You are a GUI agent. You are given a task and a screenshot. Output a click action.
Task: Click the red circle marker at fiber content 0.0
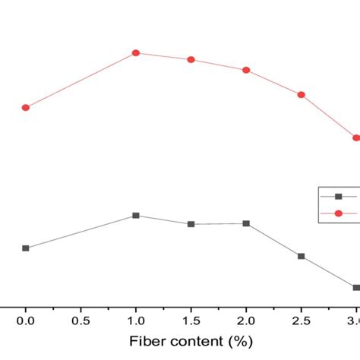pyautogui.click(x=26, y=107)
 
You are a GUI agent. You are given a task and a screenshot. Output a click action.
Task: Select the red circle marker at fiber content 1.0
pyautogui.click(x=136, y=52)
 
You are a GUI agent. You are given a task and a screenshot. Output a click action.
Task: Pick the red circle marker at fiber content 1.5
pyautogui.click(x=191, y=59)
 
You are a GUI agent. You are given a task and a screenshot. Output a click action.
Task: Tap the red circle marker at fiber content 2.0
pyautogui.click(x=246, y=70)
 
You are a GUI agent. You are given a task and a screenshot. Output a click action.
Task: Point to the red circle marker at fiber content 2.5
pyautogui.click(x=302, y=94)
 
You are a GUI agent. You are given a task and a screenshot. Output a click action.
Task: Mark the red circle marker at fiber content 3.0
pyautogui.click(x=355, y=137)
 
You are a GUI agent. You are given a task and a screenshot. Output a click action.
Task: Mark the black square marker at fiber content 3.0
pyautogui.click(x=355, y=287)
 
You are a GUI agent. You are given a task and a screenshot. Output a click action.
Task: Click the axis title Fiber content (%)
pyautogui.click(x=191, y=343)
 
